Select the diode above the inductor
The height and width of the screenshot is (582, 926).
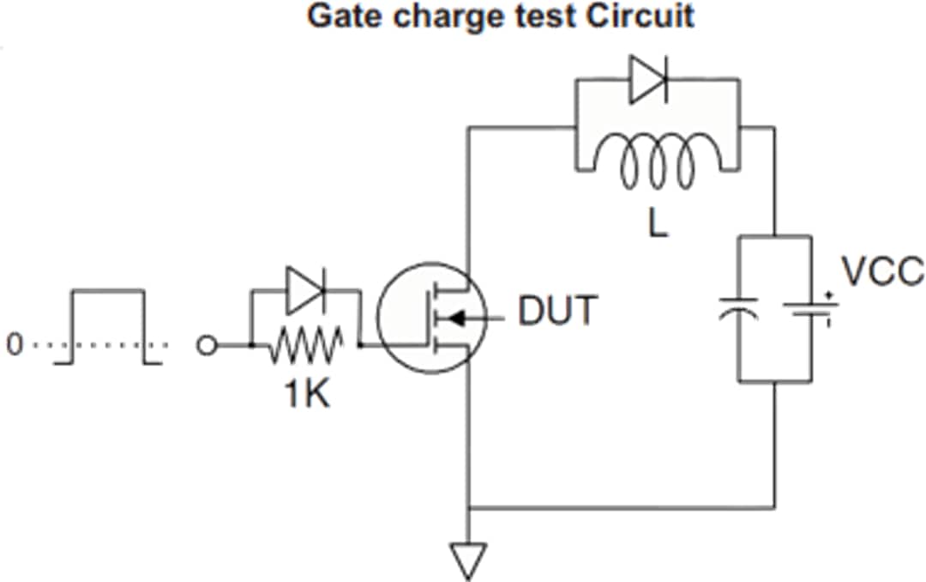pos(648,79)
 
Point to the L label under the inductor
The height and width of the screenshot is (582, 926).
pos(658,225)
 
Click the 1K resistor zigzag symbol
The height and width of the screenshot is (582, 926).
pos(306,346)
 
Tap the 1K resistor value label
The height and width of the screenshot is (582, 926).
pos(307,397)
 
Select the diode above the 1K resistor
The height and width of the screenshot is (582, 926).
pos(305,292)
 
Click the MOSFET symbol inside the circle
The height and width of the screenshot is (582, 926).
pos(431,318)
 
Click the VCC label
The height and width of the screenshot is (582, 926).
pos(882,272)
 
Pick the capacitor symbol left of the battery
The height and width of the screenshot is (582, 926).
pos(739,311)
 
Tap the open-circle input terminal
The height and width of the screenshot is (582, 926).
pos(206,346)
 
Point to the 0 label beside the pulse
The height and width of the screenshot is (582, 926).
pos(13,346)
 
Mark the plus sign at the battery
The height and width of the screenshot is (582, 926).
pos(829,295)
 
